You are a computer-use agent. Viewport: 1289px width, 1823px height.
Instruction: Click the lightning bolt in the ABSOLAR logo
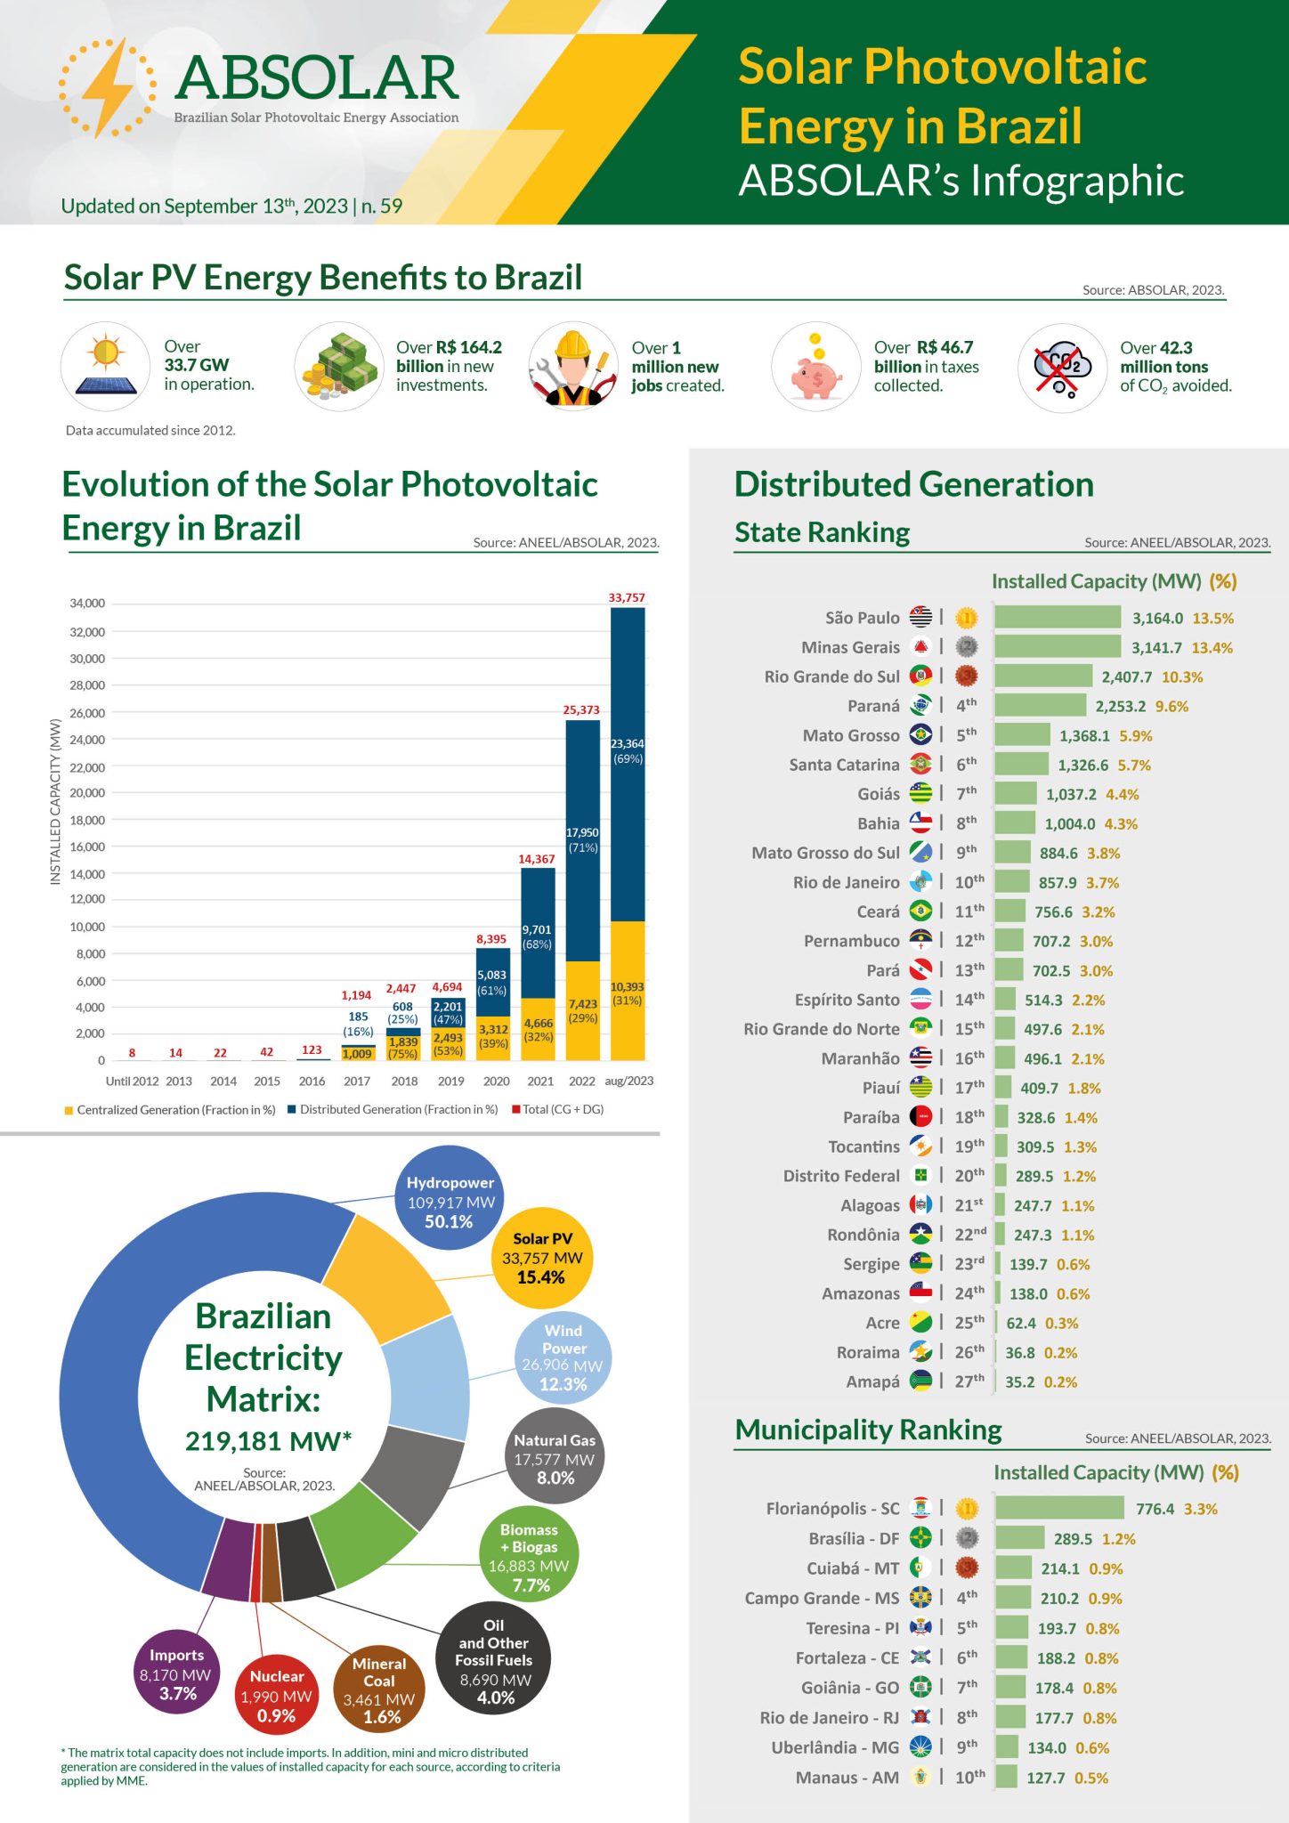(108, 87)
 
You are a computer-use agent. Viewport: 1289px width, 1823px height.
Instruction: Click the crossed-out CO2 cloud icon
(1061, 369)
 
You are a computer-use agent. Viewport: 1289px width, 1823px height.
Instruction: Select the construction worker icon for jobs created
(572, 369)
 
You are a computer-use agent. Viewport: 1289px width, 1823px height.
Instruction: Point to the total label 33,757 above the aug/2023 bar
(627, 597)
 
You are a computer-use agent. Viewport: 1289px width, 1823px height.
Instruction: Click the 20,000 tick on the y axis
(87, 793)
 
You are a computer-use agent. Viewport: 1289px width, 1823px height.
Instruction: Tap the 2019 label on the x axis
(450, 1081)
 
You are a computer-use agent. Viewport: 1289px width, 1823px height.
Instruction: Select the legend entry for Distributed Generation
(398, 1109)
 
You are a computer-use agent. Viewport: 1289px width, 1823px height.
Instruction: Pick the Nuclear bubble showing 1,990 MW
(276, 1696)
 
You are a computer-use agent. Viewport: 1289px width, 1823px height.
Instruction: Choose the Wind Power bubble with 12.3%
(563, 1357)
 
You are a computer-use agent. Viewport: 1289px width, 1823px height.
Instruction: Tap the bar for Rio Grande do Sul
(1042, 677)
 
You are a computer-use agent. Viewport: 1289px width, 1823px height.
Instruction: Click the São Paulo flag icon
(920, 617)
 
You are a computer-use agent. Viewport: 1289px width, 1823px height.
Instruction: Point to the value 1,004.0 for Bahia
(1069, 823)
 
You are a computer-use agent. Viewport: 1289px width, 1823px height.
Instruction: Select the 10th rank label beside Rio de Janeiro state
(969, 882)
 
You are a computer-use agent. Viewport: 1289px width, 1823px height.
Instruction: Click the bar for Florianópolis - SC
(1059, 1508)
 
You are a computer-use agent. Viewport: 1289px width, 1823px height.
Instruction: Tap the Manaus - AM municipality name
(847, 1777)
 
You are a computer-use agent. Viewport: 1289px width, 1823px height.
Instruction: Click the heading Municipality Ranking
(868, 1430)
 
